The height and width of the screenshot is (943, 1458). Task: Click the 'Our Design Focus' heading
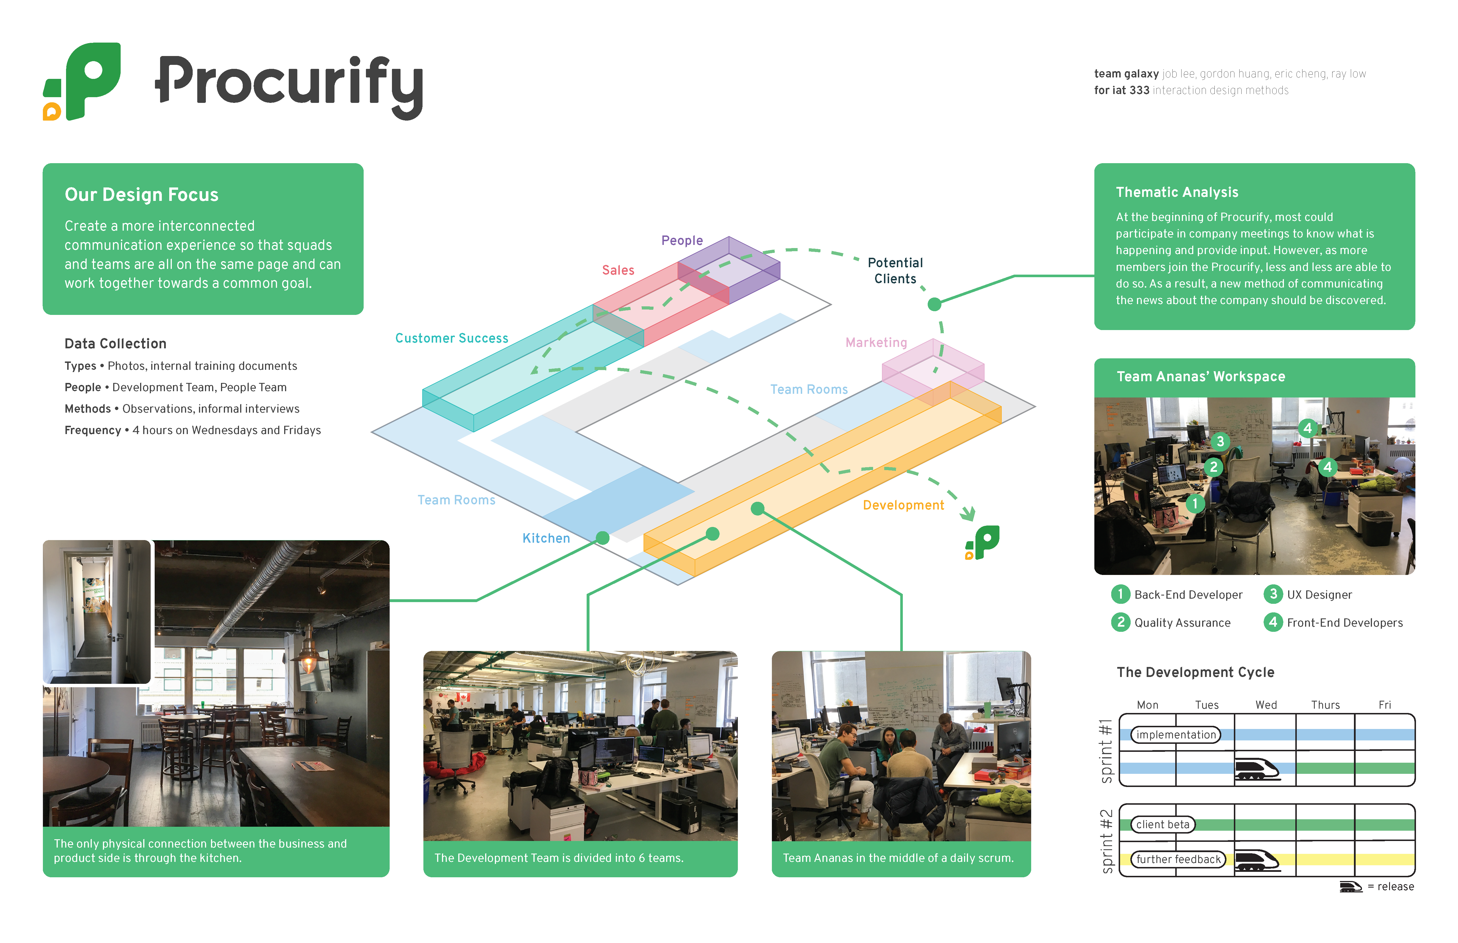tap(142, 195)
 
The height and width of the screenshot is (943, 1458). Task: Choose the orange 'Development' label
tap(903, 505)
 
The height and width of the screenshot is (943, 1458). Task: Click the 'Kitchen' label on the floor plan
tap(546, 538)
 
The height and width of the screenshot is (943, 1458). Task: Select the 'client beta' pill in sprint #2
tap(1162, 824)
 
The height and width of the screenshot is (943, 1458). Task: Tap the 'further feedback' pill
tap(1178, 859)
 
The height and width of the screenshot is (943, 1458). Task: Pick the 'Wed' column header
tap(1266, 705)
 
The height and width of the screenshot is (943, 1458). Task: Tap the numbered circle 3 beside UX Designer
tap(1273, 594)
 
